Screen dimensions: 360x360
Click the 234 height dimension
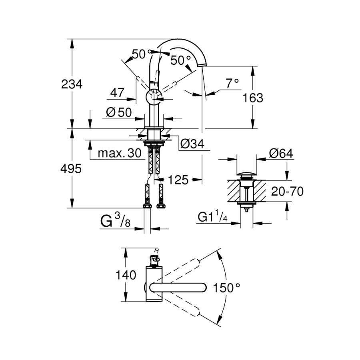pos(72,84)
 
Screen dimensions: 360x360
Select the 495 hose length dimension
pos(72,168)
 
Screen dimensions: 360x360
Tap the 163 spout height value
pos(253,97)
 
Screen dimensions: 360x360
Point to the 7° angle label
pos(232,83)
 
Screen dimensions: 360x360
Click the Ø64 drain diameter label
pos(281,154)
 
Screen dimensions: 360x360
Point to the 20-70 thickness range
pos(287,191)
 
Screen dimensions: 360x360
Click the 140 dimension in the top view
pos(126,275)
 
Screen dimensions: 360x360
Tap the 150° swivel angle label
pos(227,287)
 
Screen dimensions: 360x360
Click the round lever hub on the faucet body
pos(153,96)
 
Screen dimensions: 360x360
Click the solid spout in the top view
pos(178,287)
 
